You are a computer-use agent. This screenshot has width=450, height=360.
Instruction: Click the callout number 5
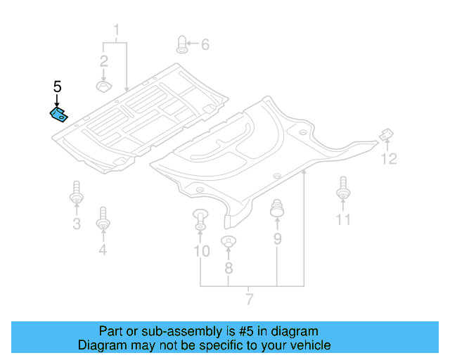pyautogui.click(x=58, y=87)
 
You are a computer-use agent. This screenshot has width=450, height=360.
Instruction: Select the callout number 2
pyautogui.click(x=103, y=60)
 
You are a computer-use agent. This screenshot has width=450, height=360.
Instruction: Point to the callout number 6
pyautogui.click(x=205, y=45)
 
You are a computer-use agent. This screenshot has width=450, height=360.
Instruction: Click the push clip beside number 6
pyautogui.click(x=182, y=44)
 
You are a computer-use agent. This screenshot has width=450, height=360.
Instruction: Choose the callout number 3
pyautogui.click(x=77, y=224)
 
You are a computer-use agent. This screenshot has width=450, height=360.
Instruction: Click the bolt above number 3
pyautogui.click(x=76, y=193)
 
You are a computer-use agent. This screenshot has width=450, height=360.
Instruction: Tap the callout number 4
pyautogui.click(x=103, y=250)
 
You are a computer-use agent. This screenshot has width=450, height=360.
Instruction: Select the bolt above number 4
pyautogui.click(x=103, y=218)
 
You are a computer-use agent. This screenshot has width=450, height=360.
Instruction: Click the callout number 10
pyautogui.click(x=201, y=251)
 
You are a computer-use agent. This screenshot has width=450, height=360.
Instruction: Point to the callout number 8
pyautogui.click(x=228, y=268)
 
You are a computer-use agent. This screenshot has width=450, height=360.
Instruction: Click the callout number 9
pyautogui.click(x=277, y=240)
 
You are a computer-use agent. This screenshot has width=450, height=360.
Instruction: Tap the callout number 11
pyautogui.click(x=342, y=220)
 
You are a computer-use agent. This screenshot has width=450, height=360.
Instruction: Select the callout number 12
pyautogui.click(x=389, y=160)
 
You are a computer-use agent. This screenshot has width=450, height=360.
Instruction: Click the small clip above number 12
pyautogui.click(x=386, y=134)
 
